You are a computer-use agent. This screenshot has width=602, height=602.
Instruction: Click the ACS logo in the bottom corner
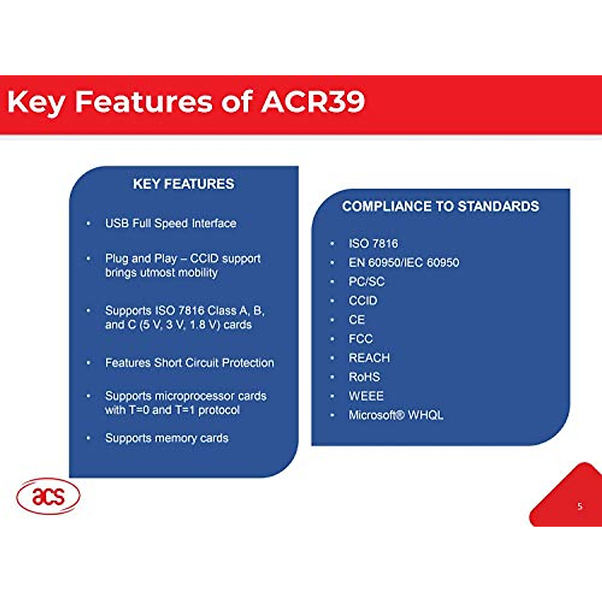[48, 497]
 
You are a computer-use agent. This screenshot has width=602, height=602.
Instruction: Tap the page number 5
[580, 506]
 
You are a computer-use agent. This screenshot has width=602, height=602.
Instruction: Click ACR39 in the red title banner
[313, 102]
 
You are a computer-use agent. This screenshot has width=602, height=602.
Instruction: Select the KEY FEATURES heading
[184, 184]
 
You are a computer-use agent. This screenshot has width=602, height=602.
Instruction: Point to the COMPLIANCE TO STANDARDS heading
[440, 207]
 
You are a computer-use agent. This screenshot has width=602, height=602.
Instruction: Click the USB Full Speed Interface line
[171, 223]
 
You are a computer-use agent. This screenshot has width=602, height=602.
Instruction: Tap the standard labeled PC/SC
[367, 281]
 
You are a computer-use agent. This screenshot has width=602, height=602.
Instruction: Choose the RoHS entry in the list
[364, 377]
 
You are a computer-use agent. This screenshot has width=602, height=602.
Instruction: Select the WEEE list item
[366, 396]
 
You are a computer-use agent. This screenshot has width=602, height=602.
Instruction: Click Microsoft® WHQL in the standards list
[396, 415]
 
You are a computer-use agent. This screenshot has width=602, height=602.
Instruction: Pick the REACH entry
[369, 358]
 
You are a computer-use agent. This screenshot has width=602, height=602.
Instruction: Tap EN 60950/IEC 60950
[404, 262]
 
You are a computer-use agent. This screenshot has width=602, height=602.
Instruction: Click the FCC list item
[361, 339]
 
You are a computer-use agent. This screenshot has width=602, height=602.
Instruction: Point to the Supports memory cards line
[167, 438]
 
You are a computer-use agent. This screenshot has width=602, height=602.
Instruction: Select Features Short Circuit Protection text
[190, 363]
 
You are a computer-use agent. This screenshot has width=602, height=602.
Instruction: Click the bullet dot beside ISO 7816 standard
[332, 244]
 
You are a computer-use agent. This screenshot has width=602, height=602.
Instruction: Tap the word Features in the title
[143, 102]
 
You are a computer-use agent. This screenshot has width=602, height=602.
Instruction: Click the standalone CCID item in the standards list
[363, 300]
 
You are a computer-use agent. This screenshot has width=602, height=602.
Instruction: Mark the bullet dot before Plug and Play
[89, 259]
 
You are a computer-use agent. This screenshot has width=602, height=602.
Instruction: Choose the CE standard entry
[357, 320]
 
